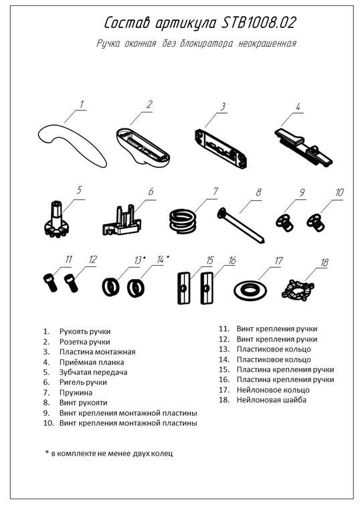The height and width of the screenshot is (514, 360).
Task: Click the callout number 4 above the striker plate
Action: pyautogui.click(x=298, y=107)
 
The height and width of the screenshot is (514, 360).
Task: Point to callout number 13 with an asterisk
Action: pyautogui.click(x=140, y=260)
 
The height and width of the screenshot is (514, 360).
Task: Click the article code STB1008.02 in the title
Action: pyautogui.click(x=259, y=23)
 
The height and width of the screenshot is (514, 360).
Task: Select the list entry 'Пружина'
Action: pyautogui.click(x=76, y=392)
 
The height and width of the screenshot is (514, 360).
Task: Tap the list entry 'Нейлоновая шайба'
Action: pyautogui.click(x=272, y=400)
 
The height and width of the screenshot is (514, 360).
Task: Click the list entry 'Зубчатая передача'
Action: pyautogui.click(x=93, y=372)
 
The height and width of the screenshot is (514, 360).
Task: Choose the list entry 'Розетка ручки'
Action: pyautogui.click(x=84, y=342)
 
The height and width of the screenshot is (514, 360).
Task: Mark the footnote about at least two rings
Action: pyautogui.click(x=109, y=453)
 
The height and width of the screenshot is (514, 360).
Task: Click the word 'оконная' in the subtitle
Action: pyautogui.click(x=140, y=44)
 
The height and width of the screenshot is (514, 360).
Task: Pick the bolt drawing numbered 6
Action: pyautogui.click(x=122, y=219)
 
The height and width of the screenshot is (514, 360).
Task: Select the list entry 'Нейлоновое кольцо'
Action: pyautogui.click(x=273, y=390)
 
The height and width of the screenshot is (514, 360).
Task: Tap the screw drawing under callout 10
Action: pyautogui.click(x=316, y=222)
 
